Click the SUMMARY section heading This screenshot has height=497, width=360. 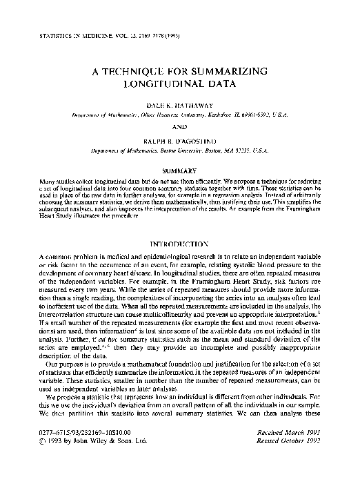tap(179, 170)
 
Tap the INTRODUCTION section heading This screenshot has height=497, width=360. tap(179, 244)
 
